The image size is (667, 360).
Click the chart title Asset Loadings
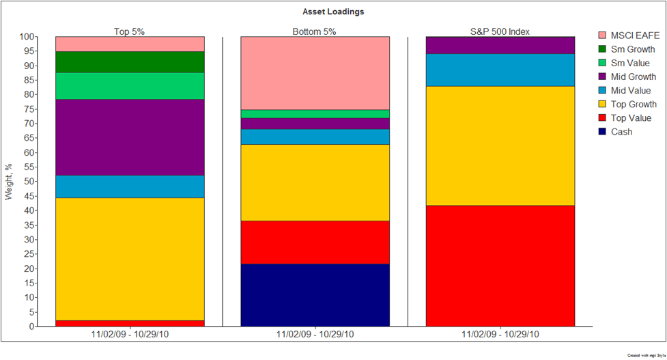333,12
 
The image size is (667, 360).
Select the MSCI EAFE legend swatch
602,35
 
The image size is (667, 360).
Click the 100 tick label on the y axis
26,37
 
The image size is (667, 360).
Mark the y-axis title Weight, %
10,182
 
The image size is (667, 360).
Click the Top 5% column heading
130,31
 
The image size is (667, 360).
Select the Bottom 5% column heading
314,31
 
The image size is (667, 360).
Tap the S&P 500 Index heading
500,31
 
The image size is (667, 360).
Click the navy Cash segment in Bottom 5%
315,295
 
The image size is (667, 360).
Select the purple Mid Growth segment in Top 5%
130,137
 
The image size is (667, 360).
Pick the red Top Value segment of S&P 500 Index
500,266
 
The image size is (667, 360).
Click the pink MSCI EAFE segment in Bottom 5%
315,73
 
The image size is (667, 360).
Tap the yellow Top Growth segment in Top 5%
130,259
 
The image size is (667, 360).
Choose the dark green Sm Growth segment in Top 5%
130,62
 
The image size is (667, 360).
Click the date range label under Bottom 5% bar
315,335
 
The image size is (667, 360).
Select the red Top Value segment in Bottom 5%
315,242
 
